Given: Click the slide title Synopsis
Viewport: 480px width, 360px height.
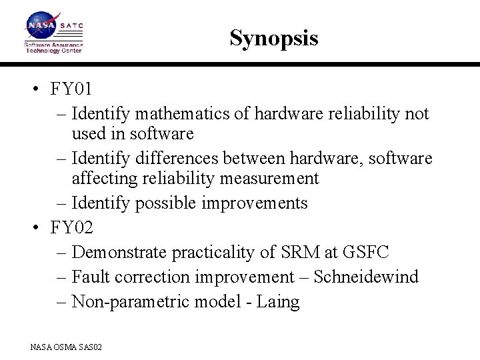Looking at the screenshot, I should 273,38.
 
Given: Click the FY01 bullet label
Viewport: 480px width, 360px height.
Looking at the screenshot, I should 71,89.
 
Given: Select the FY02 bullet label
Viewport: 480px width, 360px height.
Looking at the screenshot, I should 72,228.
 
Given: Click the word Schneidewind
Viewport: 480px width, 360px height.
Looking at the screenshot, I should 366,277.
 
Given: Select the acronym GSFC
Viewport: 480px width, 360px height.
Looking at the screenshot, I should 366,253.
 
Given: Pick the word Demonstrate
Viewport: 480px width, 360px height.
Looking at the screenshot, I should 119,253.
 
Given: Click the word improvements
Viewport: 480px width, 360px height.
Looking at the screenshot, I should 259,203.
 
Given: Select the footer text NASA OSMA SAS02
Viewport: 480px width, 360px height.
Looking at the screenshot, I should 65,347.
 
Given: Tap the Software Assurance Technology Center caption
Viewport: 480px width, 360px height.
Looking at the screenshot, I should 53,47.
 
